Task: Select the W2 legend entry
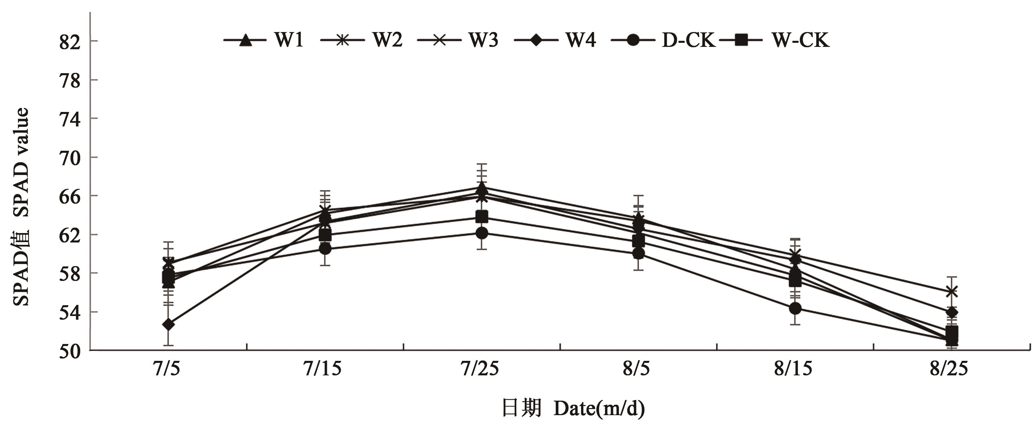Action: coord(362,40)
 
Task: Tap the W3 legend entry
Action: coord(458,40)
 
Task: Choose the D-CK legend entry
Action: coord(663,40)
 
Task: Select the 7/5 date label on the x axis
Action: coord(166,368)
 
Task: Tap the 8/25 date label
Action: coord(949,368)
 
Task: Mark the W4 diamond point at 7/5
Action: coord(169,324)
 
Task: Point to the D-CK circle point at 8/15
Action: coord(795,308)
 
